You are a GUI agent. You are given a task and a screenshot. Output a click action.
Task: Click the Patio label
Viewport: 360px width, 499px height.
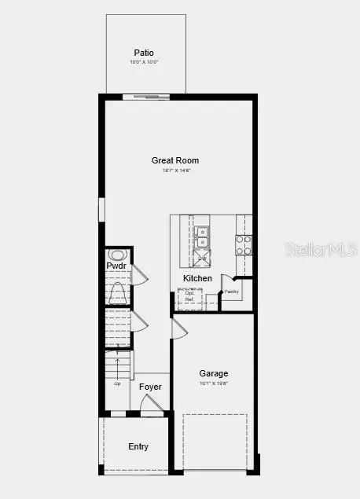(x=143, y=53)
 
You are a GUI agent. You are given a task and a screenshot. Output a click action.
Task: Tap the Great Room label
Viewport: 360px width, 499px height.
(x=171, y=160)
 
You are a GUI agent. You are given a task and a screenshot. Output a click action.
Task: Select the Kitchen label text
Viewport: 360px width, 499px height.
(x=197, y=278)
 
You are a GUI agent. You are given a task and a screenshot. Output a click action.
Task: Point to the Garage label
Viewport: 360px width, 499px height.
(x=213, y=373)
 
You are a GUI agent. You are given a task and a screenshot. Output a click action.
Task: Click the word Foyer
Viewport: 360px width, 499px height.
(x=150, y=387)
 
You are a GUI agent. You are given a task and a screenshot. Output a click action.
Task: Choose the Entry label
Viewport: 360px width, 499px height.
(x=138, y=446)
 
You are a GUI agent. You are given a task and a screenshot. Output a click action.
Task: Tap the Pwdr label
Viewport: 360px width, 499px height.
(x=116, y=266)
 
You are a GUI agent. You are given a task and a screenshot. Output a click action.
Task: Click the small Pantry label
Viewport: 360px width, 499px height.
(x=231, y=292)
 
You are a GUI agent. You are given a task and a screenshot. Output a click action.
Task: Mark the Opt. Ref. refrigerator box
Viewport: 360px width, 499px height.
(x=189, y=296)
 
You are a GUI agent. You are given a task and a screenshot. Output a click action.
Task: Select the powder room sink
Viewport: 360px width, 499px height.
(x=117, y=255)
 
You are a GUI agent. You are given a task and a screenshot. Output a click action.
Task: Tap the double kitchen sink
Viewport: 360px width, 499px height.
(x=202, y=233)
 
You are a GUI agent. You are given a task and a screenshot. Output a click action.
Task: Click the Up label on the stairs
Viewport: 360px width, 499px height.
(x=117, y=383)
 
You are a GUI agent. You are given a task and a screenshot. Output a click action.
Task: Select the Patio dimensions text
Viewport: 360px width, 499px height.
(x=143, y=62)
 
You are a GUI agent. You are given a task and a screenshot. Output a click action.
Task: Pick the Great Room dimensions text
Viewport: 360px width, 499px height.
(x=171, y=170)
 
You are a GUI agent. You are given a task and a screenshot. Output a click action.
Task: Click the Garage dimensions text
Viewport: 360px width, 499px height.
(x=213, y=383)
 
